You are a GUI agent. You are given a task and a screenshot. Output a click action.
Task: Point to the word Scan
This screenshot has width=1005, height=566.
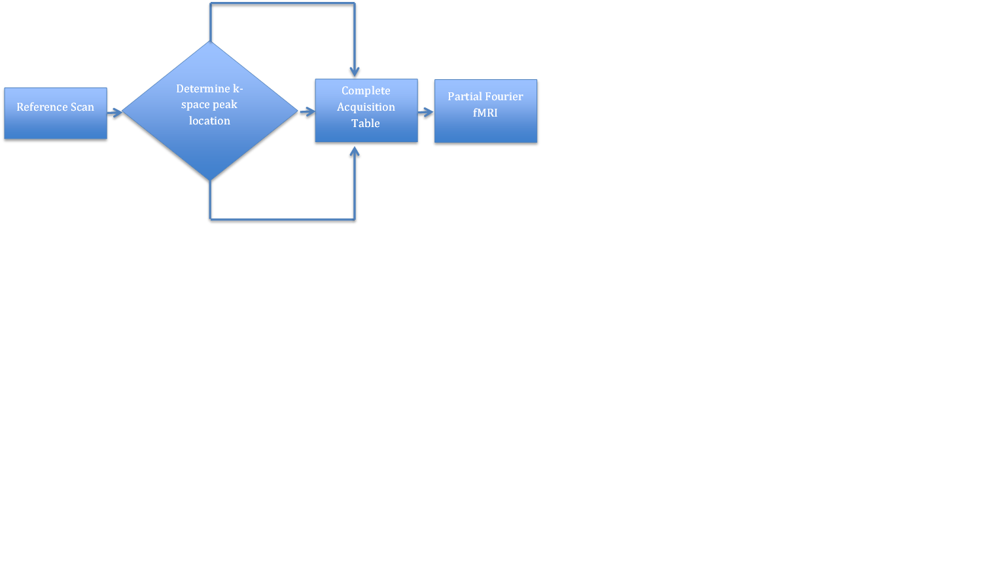82,107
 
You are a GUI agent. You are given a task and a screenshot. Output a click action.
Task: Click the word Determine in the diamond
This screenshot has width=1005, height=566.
203,88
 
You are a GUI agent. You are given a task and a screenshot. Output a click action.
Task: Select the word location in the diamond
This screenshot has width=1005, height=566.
209,121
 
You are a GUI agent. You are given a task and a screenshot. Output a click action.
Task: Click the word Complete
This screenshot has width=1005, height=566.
366,90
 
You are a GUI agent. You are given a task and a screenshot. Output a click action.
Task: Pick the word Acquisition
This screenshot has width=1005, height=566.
366,107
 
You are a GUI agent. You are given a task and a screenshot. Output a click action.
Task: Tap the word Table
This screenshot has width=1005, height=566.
365,123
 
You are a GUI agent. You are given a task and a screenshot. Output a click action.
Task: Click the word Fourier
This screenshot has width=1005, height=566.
504,96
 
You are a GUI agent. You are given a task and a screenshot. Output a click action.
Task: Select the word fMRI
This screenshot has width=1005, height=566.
485,113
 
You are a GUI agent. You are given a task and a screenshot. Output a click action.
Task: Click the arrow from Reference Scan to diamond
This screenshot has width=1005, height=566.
115,113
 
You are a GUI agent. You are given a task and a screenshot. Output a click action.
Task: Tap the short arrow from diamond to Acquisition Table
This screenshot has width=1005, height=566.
307,112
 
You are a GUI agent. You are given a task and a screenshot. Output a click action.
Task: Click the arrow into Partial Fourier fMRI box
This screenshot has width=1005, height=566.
426,112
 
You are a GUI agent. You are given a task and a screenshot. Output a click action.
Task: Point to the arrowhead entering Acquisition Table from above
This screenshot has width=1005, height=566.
355,71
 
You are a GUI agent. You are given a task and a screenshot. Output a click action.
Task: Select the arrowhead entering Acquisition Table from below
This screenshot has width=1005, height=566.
355,151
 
